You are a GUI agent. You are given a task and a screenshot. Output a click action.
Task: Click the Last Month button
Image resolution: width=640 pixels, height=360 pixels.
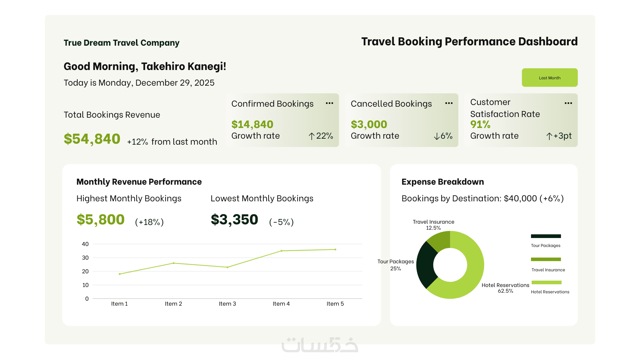pyautogui.click(x=549, y=78)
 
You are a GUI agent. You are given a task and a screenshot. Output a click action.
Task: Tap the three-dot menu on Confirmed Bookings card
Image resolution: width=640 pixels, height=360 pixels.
pyautogui.click(x=329, y=103)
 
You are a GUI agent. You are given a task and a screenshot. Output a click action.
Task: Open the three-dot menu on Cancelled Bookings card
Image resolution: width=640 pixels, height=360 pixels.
pyautogui.click(x=449, y=103)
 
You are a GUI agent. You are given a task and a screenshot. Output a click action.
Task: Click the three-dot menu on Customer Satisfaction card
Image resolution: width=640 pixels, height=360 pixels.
pyautogui.click(x=568, y=103)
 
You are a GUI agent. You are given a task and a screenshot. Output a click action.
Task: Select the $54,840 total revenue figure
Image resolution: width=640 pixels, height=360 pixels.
pyautogui.click(x=92, y=139)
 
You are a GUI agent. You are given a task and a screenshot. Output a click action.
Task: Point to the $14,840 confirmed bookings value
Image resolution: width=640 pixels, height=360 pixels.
pyautogui.click(x=252, y=124)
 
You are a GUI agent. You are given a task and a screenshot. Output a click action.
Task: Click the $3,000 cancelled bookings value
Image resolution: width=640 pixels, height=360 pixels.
pyautogui.click(x=369, y=124)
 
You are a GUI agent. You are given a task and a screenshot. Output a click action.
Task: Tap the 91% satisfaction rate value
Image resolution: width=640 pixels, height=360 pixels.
pyautogui.click(x=480, y=124)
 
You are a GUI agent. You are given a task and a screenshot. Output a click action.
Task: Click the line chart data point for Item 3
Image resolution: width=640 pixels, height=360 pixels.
pyautogui.click(x=227, y=267)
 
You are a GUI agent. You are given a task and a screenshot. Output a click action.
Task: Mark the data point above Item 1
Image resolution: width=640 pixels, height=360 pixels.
pyautogui.click(x=120, y=274)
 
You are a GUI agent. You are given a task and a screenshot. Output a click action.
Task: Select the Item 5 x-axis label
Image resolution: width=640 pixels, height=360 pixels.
pyautogui.click(x=335, y=304)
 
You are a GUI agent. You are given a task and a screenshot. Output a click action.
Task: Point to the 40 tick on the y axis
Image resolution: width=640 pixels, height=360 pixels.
pyautogui.click(x=85, y=244)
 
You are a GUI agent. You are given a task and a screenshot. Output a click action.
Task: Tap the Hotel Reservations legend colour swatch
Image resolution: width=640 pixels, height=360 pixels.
pyautogui.click(x=546, y=282)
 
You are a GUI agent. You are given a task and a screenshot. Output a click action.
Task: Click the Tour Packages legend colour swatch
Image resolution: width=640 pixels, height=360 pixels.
pyautogui.click(x=546, y=236)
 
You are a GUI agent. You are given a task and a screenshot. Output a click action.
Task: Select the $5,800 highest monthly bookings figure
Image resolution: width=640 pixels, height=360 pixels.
pyautogui.click(x=101, y=220)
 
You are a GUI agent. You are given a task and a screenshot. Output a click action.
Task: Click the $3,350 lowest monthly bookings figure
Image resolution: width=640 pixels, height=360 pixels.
pyautogui.click(x=234, y=220)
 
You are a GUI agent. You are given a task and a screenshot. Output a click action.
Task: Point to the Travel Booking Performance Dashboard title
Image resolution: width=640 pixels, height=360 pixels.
pyautogui.click(x=469, y=42)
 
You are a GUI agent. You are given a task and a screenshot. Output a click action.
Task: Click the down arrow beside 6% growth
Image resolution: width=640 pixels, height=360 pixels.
pyautogui.click(x=436, y=136)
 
